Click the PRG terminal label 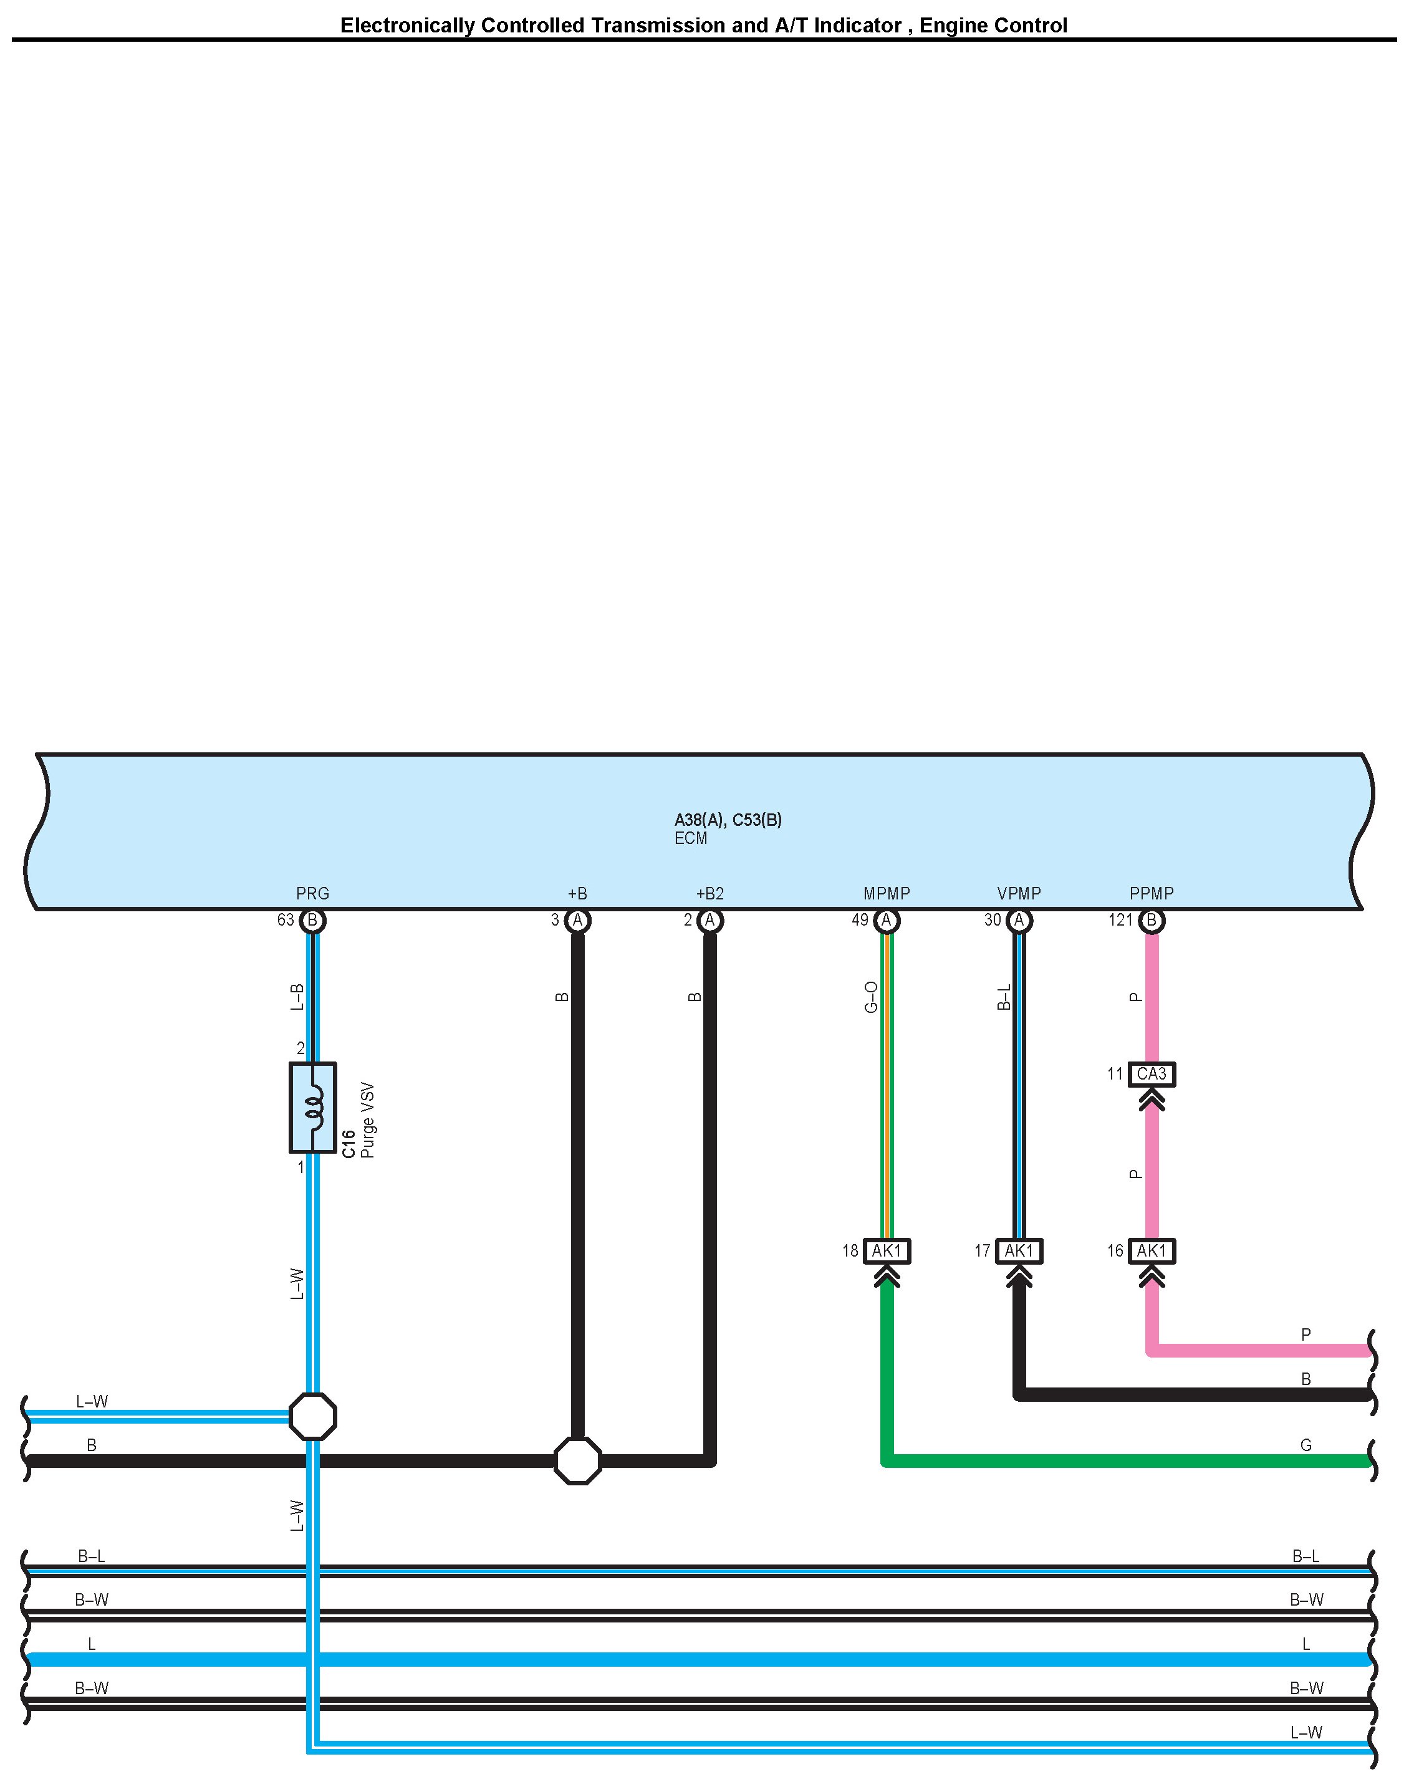[312, 893]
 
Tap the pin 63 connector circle [312, 921]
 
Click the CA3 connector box [1152, 1074]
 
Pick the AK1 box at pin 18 [887, 1251]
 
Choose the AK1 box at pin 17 [1019, 1251]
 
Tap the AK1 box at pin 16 [1152, 1251]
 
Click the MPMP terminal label [887, 893]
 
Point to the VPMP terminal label [1019, 893]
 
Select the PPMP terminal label [1152, 893]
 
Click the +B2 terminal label [709, 893]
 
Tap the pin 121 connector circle [1152, 921]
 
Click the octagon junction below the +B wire [577, 1460]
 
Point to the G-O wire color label [871, 997]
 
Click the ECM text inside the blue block [691, 838]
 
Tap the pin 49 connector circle [887, 921]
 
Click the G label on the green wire [1306, 1445]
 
